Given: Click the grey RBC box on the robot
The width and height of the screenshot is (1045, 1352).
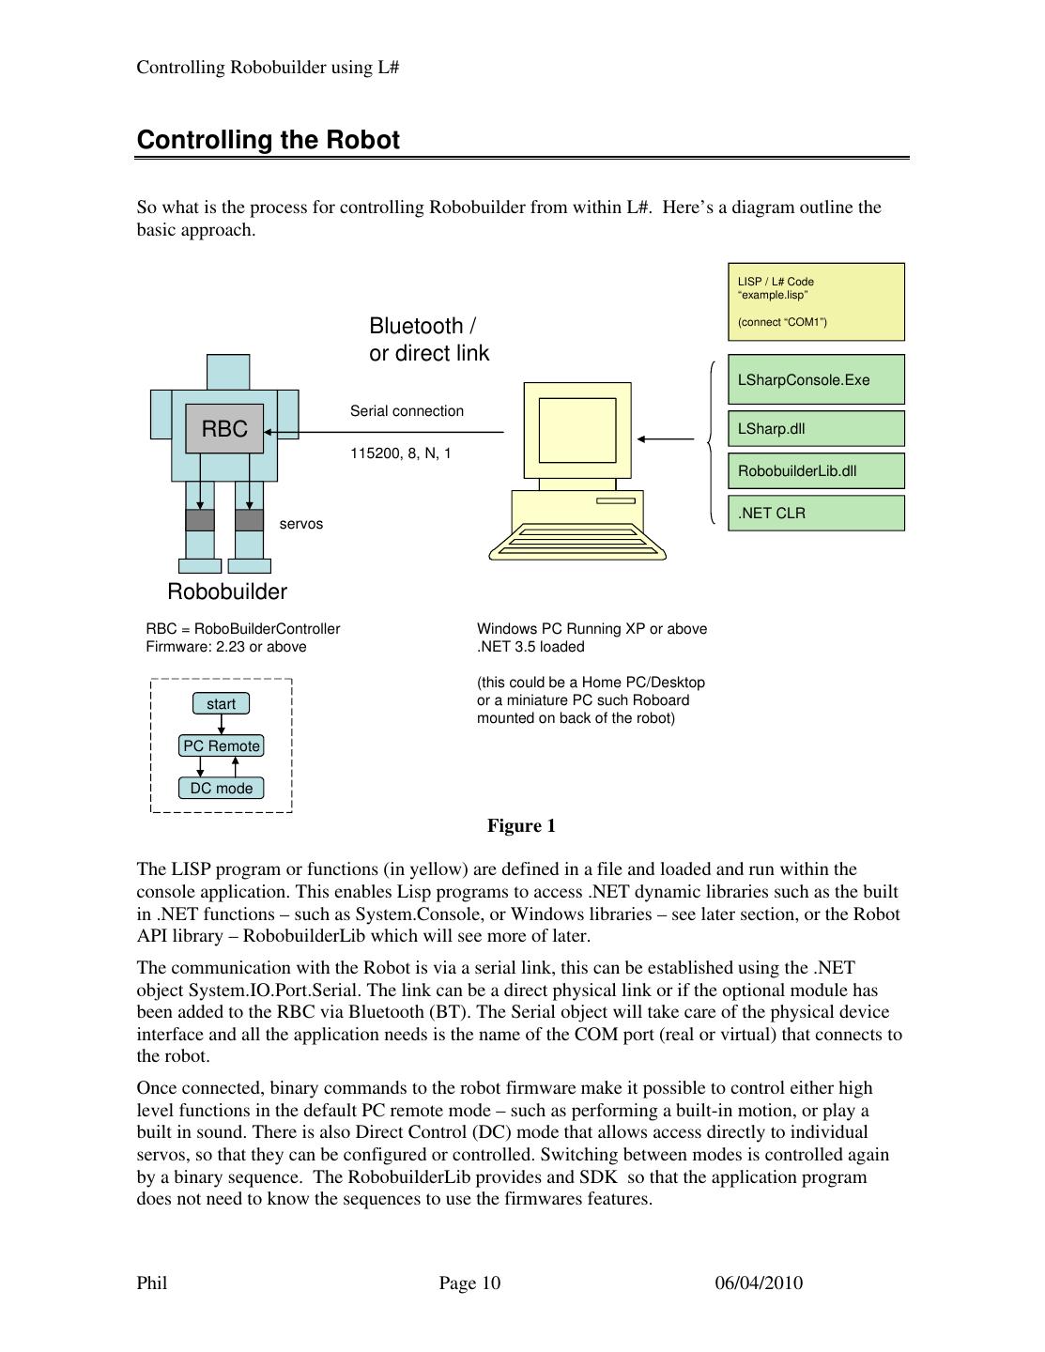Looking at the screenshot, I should (224, 429).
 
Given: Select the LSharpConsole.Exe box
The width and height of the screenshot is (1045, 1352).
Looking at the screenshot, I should (815, 379).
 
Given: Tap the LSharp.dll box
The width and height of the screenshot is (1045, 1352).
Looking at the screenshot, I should (815, 428).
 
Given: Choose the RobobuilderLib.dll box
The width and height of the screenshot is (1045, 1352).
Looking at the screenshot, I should (815, 470).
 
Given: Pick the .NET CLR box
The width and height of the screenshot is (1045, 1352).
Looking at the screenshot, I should (815, 513).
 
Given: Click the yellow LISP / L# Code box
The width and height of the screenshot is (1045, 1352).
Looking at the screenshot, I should (816, 301).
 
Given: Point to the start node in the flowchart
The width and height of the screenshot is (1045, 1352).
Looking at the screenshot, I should (222, 704).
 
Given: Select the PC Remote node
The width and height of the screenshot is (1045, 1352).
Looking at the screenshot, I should (222, 745).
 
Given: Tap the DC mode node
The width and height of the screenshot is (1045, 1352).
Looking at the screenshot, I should (222, 788).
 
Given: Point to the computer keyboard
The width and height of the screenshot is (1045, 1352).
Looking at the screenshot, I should (578, 540).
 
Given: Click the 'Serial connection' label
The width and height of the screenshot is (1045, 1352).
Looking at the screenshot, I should (407, 411).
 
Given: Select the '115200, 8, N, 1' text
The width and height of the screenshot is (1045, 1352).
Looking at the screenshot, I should (401, 453).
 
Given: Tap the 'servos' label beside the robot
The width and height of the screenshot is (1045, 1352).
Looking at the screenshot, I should (300, 524).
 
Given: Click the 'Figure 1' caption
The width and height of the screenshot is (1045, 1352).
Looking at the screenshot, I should (521, 826).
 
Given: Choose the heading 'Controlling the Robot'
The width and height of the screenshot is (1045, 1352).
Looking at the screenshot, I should (269, 140).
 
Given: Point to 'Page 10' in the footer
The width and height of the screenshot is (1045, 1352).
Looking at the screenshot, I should (469, 1283).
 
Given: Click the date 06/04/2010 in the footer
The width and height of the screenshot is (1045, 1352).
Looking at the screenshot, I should (759, 1283).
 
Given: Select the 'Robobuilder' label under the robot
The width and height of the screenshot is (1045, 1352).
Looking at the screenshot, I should (227, 591).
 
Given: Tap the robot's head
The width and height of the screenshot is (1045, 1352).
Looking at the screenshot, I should (227, 372).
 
